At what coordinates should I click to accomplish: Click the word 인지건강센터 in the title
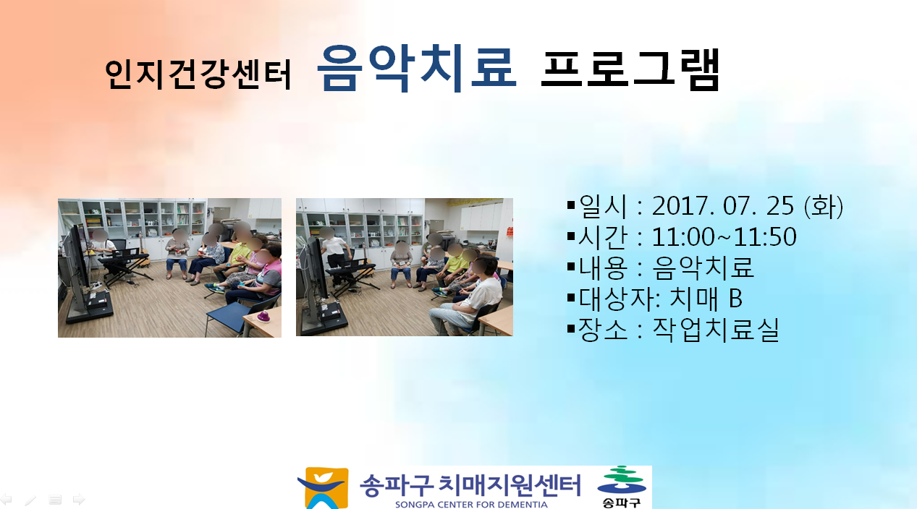(x=198, y=74)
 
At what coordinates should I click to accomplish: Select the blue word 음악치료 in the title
(x=417, y=68)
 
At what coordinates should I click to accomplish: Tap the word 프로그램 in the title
(x=630, y=69)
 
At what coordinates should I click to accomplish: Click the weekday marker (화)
(x=824, y=206)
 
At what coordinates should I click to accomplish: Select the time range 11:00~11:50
(x=724, y=236)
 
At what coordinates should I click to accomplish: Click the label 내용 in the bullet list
(x=603, y=268)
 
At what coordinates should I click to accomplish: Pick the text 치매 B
(x=706, y=299)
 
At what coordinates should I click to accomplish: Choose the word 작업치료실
(x=715, y=330)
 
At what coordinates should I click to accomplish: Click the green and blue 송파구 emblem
(x=622, y=487)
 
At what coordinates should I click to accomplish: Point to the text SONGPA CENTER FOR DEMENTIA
(x=471, y=505)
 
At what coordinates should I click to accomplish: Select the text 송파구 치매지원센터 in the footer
(x=470, y=485)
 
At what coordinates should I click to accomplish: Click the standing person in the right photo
(x=335, y=257)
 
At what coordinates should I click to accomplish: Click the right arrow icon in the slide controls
(x=79, y=499)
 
